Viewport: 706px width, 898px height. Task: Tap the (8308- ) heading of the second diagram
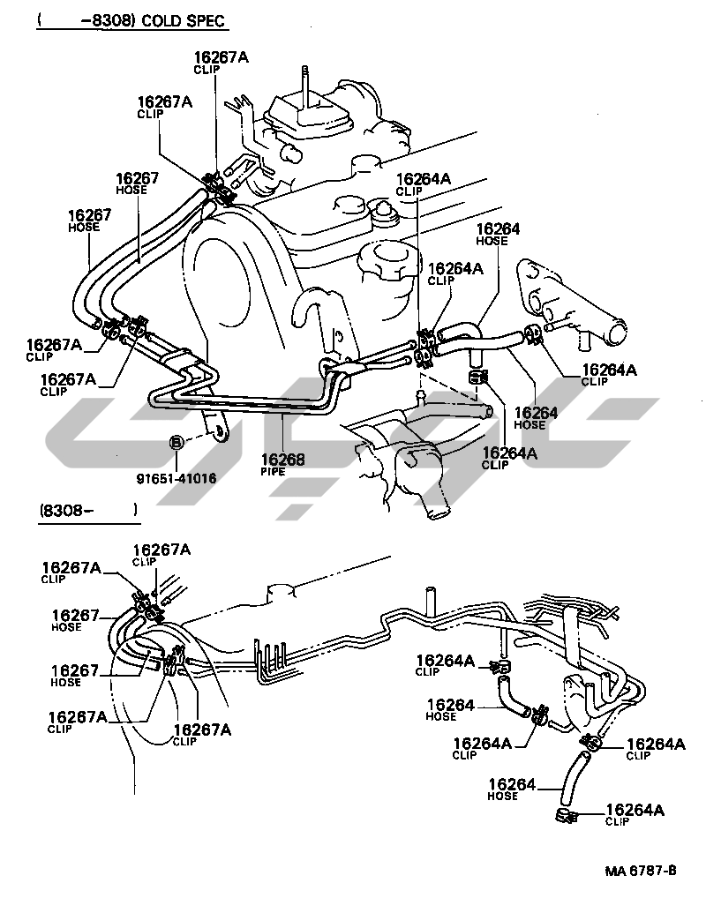tap(87, 510)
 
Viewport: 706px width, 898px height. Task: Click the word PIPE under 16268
tap(273, 472)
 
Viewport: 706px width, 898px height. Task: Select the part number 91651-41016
tap(176, 478)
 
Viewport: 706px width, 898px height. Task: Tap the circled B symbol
tap(176, 443)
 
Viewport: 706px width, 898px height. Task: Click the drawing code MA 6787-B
tap(641, 871)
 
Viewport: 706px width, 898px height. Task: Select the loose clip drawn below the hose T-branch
tap(477, 377)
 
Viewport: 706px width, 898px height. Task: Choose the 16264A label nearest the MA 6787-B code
tap(635, 810)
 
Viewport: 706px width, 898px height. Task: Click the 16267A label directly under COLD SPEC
tap(222, 57)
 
